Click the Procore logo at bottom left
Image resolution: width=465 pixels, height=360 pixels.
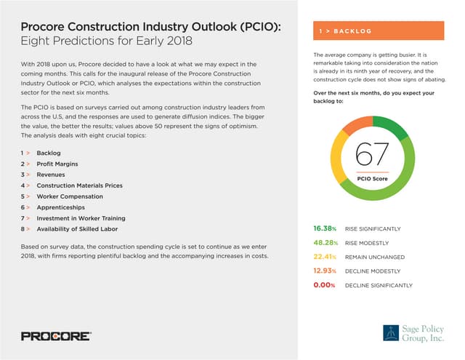click(x=55, y=336)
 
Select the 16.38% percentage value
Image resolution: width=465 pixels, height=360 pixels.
click(x=324, y=229)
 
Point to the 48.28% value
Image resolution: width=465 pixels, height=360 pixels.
click(x=324, y=243)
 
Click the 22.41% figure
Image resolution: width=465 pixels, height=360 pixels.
click(x=324, y=257)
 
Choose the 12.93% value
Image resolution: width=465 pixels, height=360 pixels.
click(x=324, y=271)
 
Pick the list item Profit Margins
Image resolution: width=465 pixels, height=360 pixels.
click(x=57, y=164)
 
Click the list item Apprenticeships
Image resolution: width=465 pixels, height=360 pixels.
click(x=61, y=207)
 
